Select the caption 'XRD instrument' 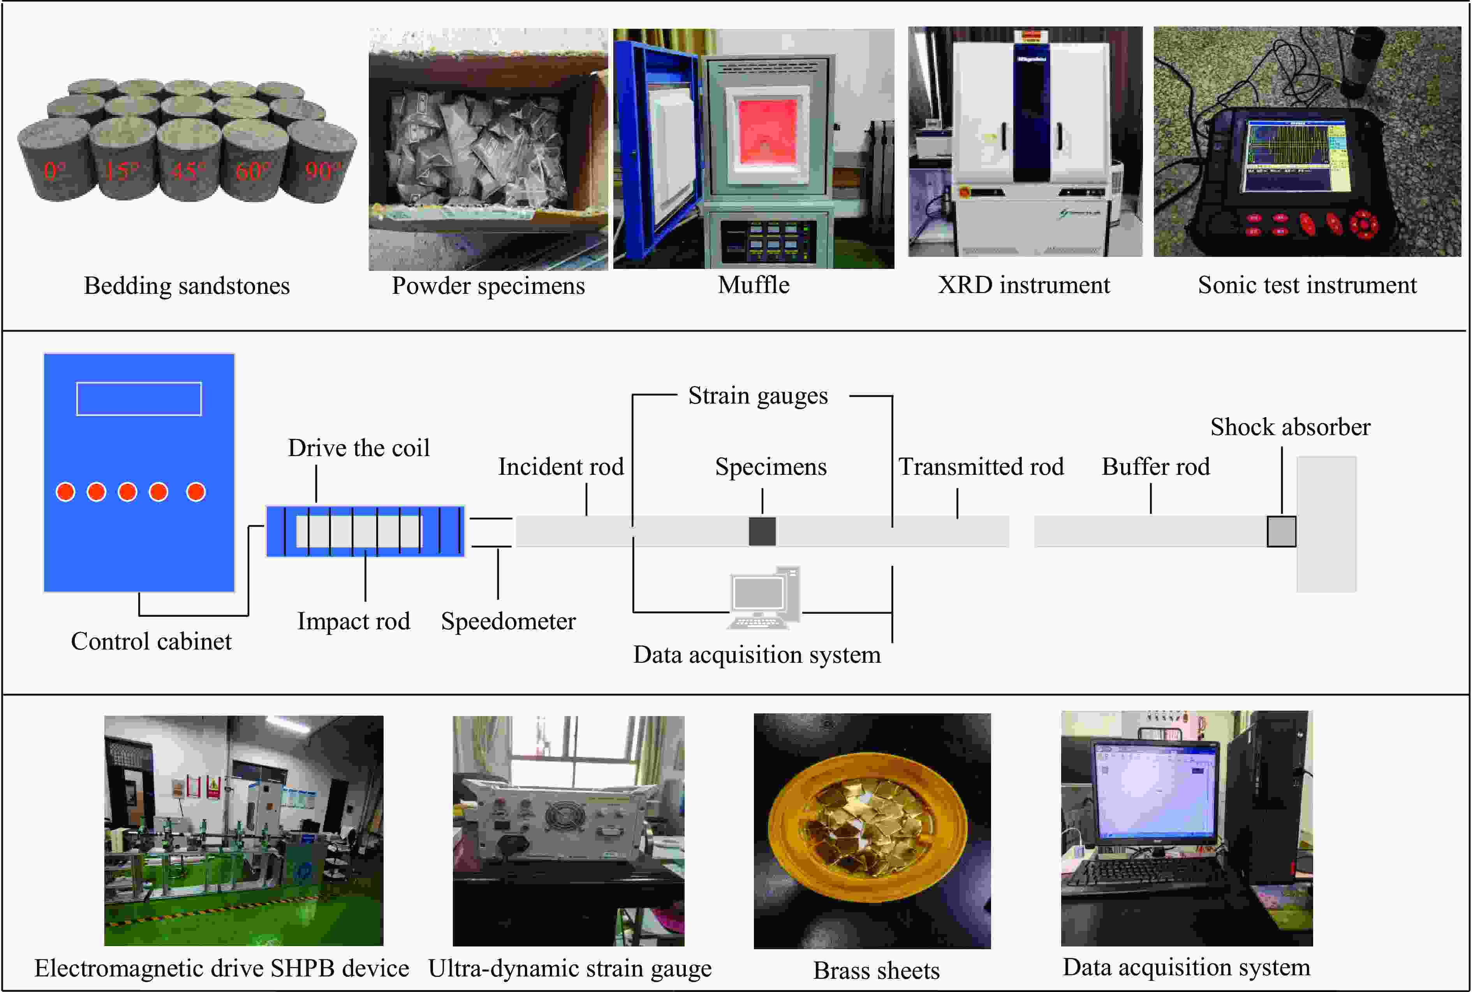pyautogui.click(x=1024, y=285)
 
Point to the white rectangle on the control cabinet pyautogui.click(x=139, y=399)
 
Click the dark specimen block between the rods pyautogui.click(x=762, y=532)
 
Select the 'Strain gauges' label pyautogui.click(x=758, y=396)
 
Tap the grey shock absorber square pyautogui.click(x=1281, y=532)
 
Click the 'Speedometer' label pyautogui.click(x=509, y=621)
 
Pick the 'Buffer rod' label pyautogui.click(x=1155, y=467)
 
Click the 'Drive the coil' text pyautogui.click(x=358, y=448)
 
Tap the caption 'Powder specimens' pyautogui.click(x=488, y=286)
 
